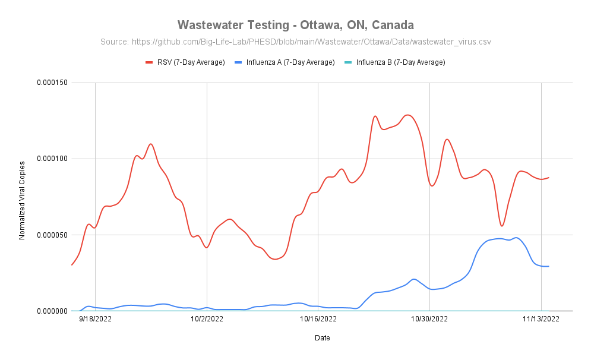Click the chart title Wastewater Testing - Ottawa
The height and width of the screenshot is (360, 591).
click(295, 25)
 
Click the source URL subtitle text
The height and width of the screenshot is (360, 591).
click(295, 42)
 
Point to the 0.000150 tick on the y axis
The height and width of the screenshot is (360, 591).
click(51, 83)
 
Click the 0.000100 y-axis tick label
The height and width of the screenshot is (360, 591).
click(51, 159)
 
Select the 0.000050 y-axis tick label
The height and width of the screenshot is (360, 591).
click(51, 235)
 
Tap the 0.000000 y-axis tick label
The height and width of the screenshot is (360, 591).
click(51, 311)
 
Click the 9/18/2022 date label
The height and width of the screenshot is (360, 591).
click(95, 320)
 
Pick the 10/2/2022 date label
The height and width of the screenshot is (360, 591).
click(207, 320)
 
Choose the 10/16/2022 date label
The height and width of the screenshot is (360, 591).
click(318, 320)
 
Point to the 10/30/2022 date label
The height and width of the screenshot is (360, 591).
click(429, 320)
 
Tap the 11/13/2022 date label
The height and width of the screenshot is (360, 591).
click(541, 320)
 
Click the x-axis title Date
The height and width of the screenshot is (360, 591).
click(323, 338)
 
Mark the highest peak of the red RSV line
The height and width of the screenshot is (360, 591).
click(407, 115)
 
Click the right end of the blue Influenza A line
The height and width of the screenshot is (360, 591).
click(549, 266)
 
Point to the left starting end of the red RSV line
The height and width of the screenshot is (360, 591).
click(71, 265)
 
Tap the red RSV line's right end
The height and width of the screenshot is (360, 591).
click(549, 177)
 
